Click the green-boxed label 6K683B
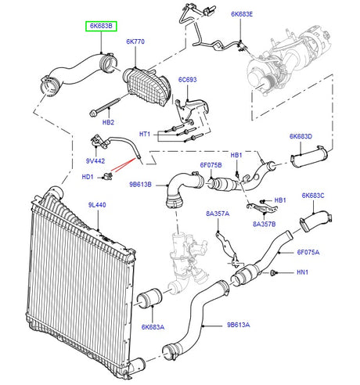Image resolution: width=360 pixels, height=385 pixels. (99, 26)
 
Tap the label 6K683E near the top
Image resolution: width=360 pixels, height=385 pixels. (243, 14)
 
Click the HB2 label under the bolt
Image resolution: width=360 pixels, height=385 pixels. (108, 122)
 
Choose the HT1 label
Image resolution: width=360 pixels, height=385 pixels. (144, 135)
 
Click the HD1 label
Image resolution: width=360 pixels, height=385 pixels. (88, 177)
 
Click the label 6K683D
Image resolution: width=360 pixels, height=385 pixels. (301, 136)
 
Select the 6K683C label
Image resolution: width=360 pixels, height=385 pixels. (313, 195)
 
